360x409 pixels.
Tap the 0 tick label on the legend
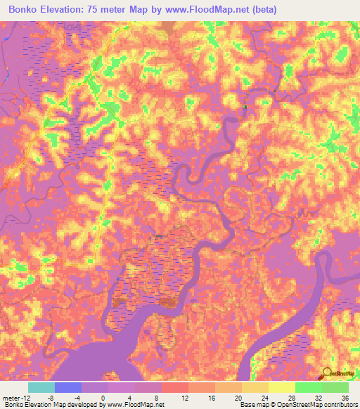103,398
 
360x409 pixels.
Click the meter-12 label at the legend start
15,398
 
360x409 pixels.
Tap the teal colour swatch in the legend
41,387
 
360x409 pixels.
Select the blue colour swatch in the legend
68,387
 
